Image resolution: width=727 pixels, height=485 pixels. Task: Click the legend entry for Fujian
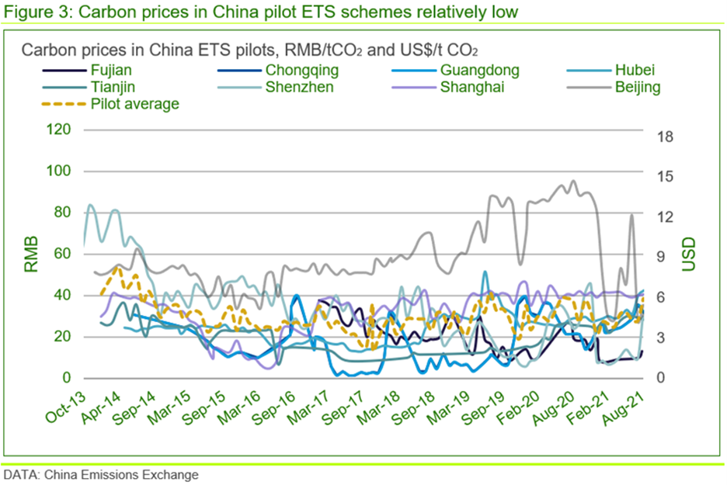[110, 71]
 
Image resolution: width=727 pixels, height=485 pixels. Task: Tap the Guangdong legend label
[479, 71]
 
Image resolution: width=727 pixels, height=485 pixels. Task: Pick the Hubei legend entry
[635, 71]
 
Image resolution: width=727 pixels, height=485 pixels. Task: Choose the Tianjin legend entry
[112, 87]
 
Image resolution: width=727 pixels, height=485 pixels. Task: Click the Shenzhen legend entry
[300, 87]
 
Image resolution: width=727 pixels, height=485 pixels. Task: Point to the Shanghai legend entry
[472, 87]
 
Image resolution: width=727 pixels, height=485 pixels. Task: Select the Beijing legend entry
[638, 87]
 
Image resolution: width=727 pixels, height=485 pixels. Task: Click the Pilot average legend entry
[134, 103]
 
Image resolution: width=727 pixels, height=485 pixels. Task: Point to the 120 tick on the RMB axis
[59, 130]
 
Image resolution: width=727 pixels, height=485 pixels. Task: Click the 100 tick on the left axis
[59, 171]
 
